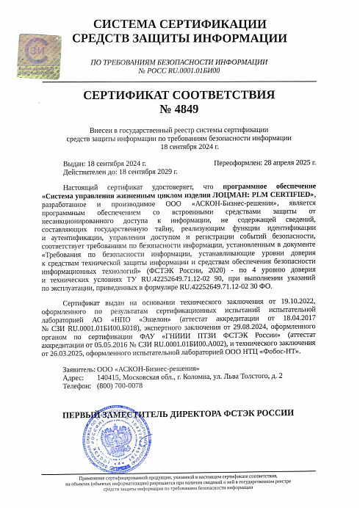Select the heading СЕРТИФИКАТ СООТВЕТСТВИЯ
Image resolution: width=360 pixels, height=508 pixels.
pos(179,95)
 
